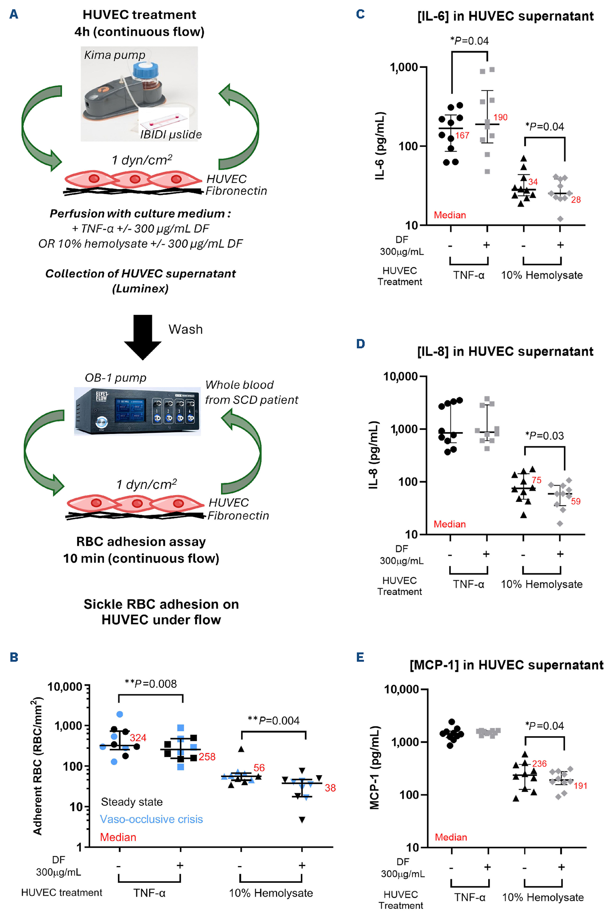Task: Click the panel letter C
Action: point(360,15)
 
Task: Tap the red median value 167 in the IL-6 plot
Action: point(462,135)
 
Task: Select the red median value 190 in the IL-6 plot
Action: point(500,117)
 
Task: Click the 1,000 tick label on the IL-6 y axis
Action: point(404,68)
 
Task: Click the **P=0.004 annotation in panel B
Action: point(273,720)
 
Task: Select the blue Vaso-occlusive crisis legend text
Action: point(151,819)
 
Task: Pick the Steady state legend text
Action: point(132,802)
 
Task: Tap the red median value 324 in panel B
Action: point(138,737)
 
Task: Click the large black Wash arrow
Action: point(143,337)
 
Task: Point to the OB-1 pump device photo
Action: point(137,411)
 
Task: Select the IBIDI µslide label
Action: point(171,134)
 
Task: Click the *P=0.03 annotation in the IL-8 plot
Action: point(544,436)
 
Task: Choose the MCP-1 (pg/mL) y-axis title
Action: point(374,768)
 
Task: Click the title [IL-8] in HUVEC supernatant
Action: point(505,351)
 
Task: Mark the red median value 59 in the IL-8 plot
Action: point(576,501)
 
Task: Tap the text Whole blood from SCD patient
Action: point(251,392)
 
